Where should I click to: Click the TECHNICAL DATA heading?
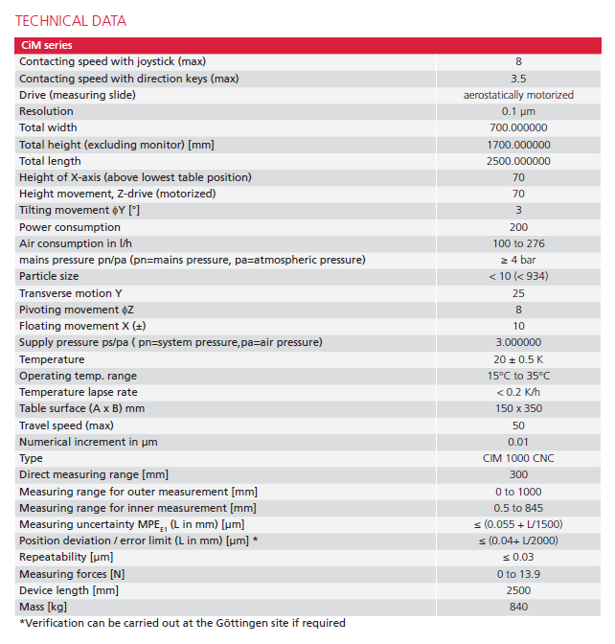[70, 21]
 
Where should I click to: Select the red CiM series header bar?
[307, 45]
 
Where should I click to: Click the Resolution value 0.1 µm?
[518, 111]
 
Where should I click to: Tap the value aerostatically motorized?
[518, 95]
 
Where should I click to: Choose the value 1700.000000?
[518, 145]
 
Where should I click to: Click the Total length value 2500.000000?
[518, 161]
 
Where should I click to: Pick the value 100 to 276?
[518, 243]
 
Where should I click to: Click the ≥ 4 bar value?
[518, 260]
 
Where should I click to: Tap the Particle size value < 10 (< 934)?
[518, 277]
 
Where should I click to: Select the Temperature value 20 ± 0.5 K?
[518, 359]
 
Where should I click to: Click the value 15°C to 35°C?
[518, 376]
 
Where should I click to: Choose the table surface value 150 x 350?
[518, 408]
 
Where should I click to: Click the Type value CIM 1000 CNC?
[518, 458]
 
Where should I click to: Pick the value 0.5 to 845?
[518, 508]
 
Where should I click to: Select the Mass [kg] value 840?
[518, 607]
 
